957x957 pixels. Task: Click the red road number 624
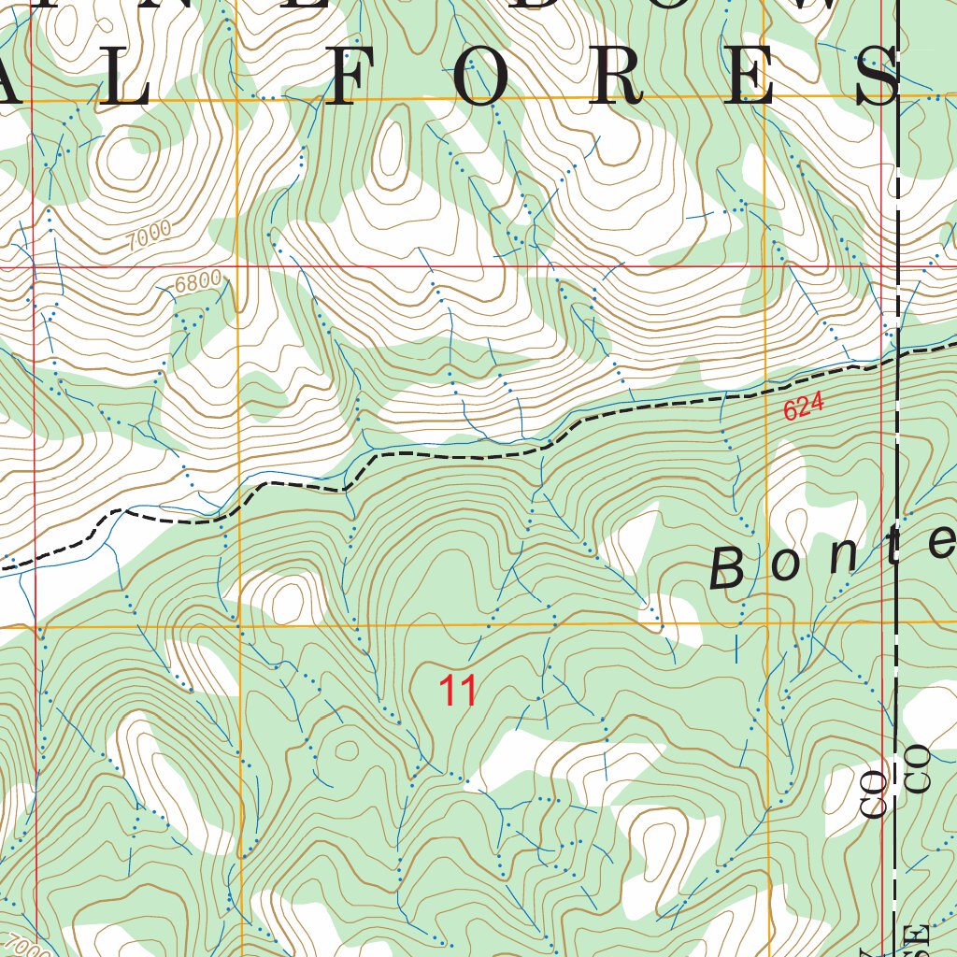coord(804,407)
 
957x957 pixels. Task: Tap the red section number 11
coord(459,692)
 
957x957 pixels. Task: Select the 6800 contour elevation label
coord(198,279)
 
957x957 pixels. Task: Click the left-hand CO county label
coord(874,795)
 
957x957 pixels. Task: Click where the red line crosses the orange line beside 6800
coord(236,267)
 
